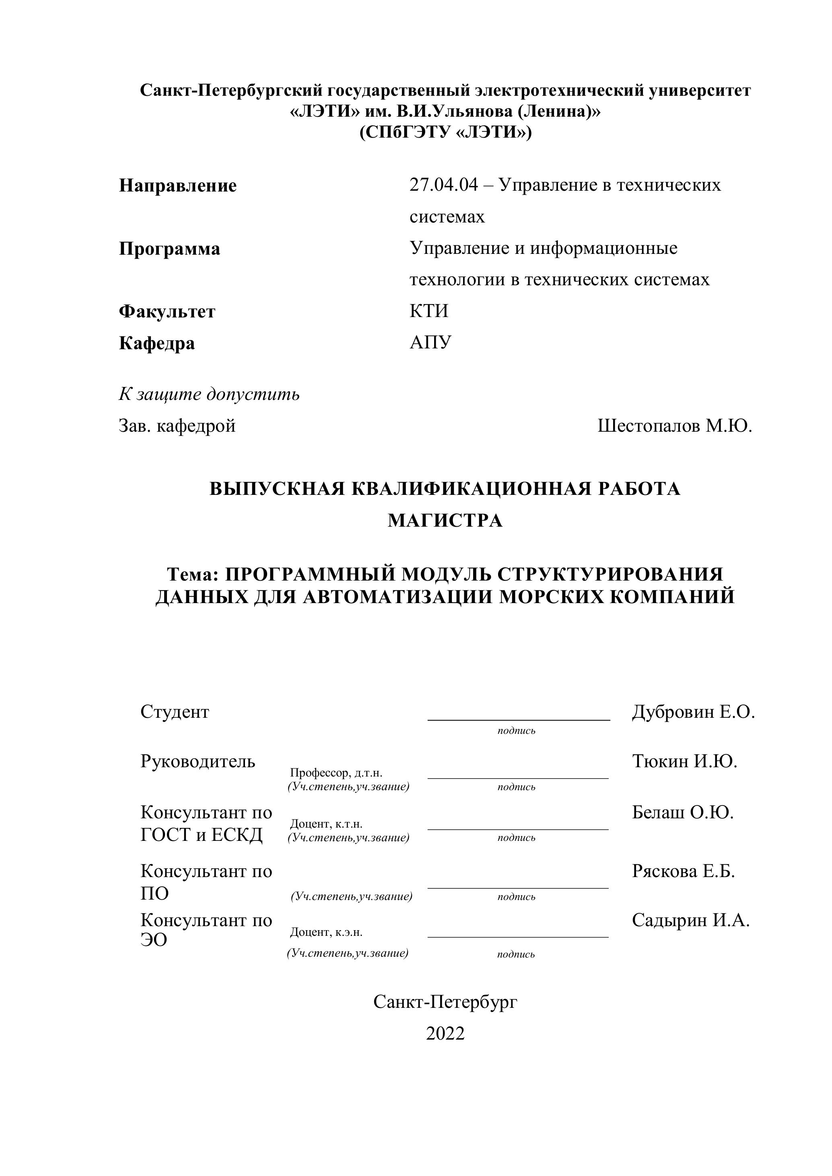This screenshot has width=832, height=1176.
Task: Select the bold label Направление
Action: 178,185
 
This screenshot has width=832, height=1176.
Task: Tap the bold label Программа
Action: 169,249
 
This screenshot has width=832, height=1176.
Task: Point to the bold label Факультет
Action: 167,311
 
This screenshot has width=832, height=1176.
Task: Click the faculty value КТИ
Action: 429,311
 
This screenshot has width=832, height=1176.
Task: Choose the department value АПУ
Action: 430,343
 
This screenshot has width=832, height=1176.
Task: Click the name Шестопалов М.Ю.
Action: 674,426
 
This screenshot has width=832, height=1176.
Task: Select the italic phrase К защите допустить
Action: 209,394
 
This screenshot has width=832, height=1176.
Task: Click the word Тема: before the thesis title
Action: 193,574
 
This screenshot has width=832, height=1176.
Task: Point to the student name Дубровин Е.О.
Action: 693,712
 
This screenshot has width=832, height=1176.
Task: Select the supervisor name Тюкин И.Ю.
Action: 684,762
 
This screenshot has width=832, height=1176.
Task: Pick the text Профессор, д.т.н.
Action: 336,773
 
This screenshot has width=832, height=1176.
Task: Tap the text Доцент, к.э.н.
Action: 326,932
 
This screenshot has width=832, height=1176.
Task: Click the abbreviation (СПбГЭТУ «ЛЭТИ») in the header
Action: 445,133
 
